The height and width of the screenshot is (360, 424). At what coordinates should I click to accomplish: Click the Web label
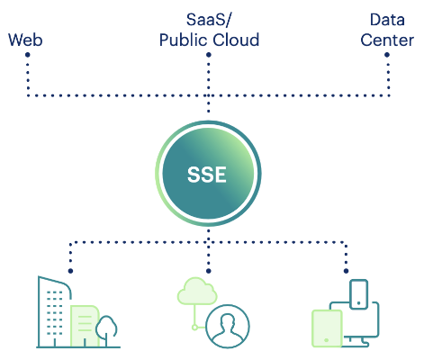(x=25, y=40)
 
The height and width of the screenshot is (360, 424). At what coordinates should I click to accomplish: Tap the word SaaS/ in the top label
(x=208, y=20)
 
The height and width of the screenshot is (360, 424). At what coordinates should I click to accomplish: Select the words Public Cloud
(x=209, y=40)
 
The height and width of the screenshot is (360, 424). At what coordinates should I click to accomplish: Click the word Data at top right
(x=387, y=19)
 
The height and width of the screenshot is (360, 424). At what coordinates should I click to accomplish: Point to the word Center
(x=387, y=40)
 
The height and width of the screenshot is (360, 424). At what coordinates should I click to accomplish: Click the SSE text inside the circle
(x=208, y=175)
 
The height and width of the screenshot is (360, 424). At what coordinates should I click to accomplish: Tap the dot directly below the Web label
(x=27, y=57)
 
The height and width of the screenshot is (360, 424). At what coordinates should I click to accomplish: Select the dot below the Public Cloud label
(x=208, y=57)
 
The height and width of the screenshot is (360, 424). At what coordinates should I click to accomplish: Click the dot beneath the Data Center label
(x=387, y=57)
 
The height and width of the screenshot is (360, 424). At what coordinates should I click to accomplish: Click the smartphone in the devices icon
(x=358, y=293)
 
